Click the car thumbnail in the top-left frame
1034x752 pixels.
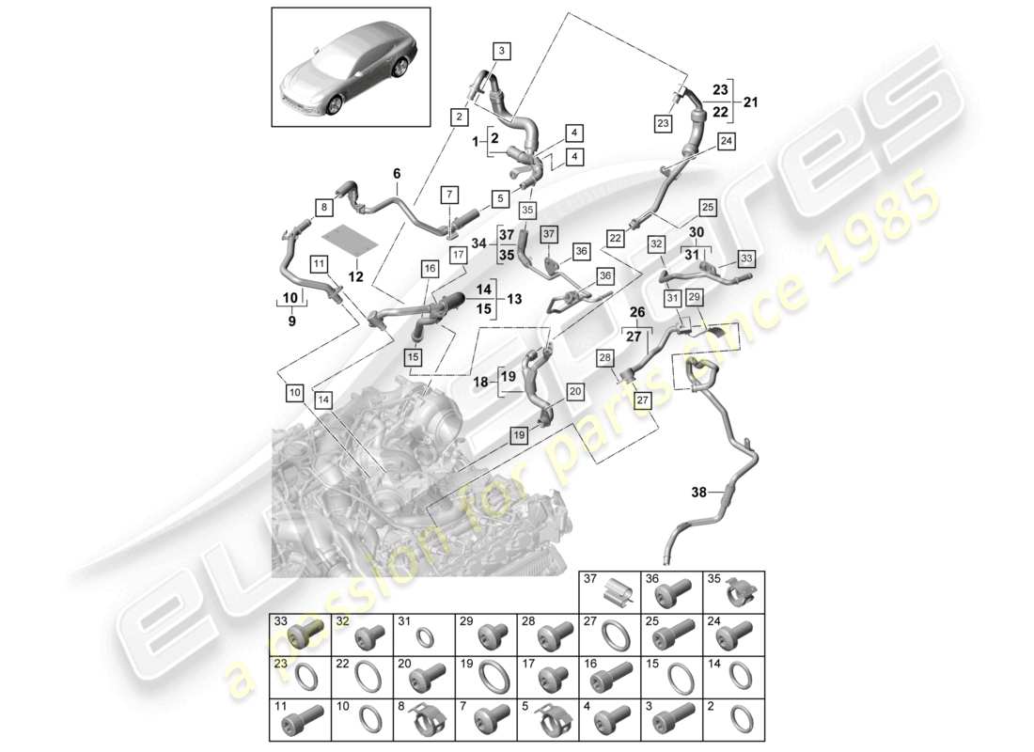click(x=350, y=68)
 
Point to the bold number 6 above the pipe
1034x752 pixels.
click(x=396, y=173)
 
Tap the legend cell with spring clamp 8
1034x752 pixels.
click(x=423, y=721)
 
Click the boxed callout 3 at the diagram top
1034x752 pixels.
click(x=500, y=50)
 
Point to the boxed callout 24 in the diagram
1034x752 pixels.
click(x=726, y=141)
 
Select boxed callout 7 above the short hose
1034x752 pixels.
click(x=448, y=195)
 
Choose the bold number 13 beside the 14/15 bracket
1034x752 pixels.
click(x=514, y=299)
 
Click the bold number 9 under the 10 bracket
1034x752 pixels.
click(x=290, y=321)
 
